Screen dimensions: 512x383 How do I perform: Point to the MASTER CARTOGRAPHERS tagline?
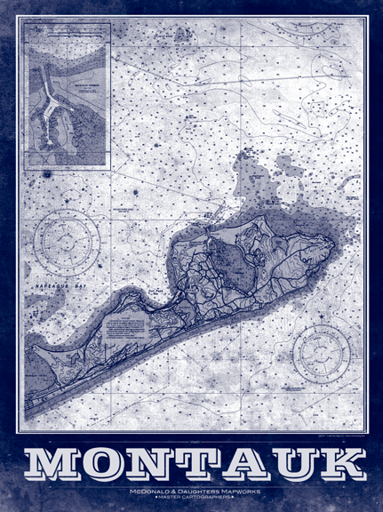pyautogui.click(x=192, y=498)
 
